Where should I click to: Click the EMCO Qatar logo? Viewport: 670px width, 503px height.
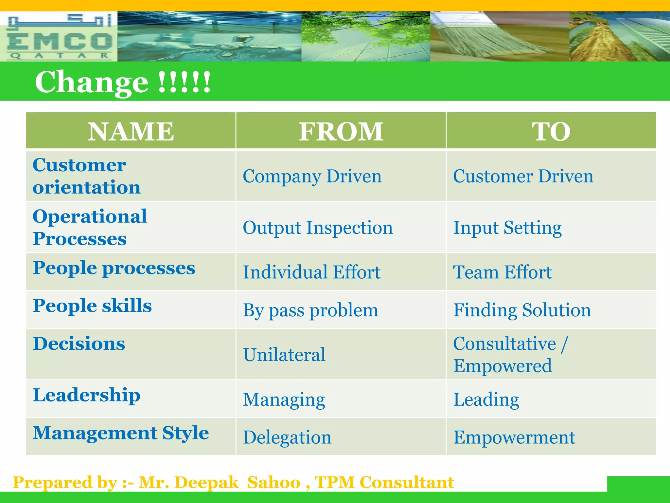pos(59,37)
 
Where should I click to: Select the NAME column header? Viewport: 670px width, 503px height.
pos(131,131)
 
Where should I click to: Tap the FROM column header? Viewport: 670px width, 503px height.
pos(341,131)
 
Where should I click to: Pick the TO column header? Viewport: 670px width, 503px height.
pos(551,131)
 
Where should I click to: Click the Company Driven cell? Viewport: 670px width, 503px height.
pos(312,176)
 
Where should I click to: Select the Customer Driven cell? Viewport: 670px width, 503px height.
pos(523,176)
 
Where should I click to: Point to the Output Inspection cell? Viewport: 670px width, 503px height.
pos(318,228)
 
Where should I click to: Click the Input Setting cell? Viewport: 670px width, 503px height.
pos(507,228)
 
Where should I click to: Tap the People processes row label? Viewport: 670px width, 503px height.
pos(114,268)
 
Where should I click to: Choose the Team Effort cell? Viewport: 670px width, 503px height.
pos(502,272)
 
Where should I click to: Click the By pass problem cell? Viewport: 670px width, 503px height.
pos(310,310)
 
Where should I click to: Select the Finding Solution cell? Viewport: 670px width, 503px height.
pos(522,310)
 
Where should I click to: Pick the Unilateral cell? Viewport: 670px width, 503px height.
pos(284,355)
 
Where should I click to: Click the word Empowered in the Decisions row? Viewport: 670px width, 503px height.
pos(502,366)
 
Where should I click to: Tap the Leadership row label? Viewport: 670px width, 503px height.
pos(86,395)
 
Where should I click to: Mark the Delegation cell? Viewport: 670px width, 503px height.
pos(287,438)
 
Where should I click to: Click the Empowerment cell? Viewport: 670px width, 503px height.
pos(514,438)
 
